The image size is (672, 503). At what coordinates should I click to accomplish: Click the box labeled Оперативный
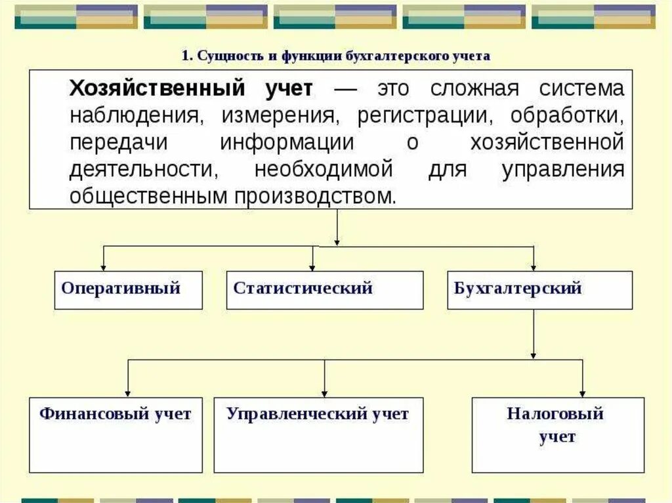pos(128,290)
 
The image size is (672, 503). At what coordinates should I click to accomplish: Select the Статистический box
pos(325,290)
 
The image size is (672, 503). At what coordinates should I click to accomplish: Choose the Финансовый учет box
pos(115,434)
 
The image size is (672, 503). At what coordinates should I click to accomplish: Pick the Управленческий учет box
pos(318,434)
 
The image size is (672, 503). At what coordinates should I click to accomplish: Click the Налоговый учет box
pos(558,434)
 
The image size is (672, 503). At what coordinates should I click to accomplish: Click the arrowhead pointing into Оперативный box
pos(104,267)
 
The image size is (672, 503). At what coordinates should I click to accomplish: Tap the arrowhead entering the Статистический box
pos(312,267)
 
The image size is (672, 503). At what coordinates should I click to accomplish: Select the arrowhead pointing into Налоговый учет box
pos(582,392)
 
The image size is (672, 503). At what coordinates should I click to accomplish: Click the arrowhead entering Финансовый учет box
pos(127,392)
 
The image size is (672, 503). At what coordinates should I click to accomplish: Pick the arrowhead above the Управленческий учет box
pos(324,392)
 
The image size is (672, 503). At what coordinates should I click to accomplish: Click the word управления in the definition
pos(562,170)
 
